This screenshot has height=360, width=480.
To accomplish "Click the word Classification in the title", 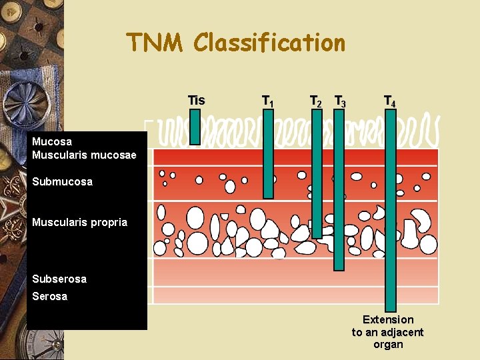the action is [x=269, y=43].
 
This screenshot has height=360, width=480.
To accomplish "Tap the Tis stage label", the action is [x=196, y=101].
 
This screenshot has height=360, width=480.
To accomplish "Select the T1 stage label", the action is [x=267, y=101].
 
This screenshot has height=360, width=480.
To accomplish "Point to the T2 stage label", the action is [x=316, y=101].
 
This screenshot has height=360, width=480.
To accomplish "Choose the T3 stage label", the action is [x=340, y=101].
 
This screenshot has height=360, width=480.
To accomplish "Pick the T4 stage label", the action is [x=390, y=101].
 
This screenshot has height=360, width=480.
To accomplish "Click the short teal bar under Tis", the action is [x=195, y=127].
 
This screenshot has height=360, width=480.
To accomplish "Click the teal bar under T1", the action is [x=268, y=153].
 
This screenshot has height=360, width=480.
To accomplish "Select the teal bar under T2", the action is [x=317, y=173].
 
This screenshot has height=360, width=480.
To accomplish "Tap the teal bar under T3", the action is [x=339, y=190].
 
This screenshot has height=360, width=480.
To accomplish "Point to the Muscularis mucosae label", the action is [x=84, y=155].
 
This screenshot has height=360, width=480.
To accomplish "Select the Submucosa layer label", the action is [x=62, y=181].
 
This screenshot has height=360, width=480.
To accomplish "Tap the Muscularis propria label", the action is [x=79, y=222].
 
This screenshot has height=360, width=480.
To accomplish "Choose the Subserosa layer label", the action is [x=59, y=279].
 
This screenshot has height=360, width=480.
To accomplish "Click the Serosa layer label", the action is [x=50, y=296].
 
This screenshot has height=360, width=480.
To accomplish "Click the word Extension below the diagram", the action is [x=388, y=320].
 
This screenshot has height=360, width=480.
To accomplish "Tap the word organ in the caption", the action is [x=388, y=345].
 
